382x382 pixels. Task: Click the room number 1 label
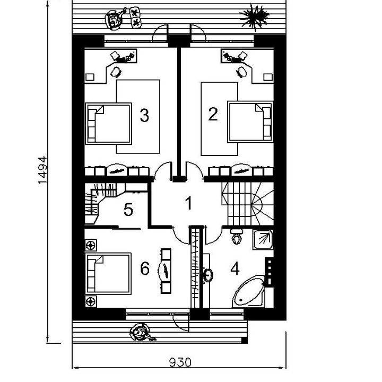coord(189,203)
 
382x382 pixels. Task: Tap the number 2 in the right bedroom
coord(213,114)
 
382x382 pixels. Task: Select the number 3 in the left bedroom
coord(144,115)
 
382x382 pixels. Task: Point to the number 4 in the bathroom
coord(235,269)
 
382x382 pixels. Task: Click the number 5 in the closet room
coord(128,210)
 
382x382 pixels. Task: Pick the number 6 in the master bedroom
coord(145,268)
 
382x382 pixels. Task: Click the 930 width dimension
coord(180,362)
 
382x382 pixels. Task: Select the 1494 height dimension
coord(42,170)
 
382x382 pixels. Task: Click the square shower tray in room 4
coord(263,239)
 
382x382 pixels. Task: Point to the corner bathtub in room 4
coord(249,291)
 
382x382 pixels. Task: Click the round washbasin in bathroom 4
coord(208,275)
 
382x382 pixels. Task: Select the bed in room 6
coord(108,274)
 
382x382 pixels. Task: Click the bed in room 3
coord(109,124)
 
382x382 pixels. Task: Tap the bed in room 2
coord(250,122)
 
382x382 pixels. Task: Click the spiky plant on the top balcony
coord(255,16)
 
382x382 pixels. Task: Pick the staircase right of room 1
coord(248,204)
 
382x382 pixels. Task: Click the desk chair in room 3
coord(116,72)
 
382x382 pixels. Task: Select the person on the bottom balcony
coord(141,332)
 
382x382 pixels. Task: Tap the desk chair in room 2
coord(242,72)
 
